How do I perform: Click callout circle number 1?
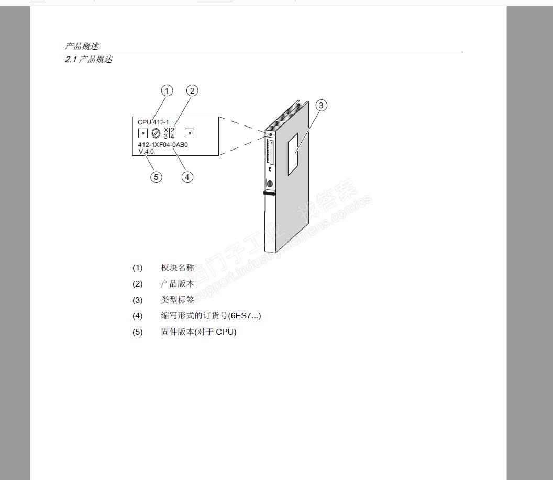(x=167, y=91)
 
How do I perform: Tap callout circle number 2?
(x=192, y=91)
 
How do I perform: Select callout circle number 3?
(x=322, y=105)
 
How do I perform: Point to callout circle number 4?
(x=187, y=177)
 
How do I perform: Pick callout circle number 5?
(x=156, y=177)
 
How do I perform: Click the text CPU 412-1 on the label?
(x=153, y=122)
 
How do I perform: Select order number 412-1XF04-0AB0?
(x=163, y=145)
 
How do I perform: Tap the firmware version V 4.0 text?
(x=146, y=152)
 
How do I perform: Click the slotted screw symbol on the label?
(x=156, y=133)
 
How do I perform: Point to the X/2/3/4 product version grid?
(x=169, y=133)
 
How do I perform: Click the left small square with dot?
(x=143, y=133)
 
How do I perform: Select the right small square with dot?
(x=190, y=133)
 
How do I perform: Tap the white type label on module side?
(x=292, y=154)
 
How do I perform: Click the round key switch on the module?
(x=270, y=184)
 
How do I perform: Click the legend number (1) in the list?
(x=137, y=268)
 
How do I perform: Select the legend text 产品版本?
(x=178, y=284)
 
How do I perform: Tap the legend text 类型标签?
(x=178, y=300)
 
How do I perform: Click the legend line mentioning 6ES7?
(x=211, y=316)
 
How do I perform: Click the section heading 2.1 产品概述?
(x=89, y=60)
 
